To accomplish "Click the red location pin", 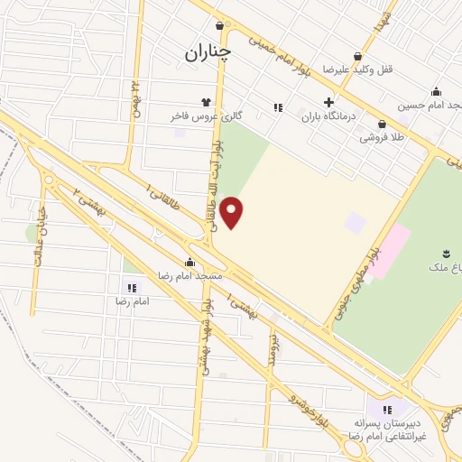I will click(x=232, y=211).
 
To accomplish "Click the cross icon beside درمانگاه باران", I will click(x=328, y=102).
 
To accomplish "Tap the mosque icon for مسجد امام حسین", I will click(x=437, y=91).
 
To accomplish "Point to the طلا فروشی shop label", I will click(x=381, y=138).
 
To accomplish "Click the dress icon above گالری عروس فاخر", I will click(x=207, y=102).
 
